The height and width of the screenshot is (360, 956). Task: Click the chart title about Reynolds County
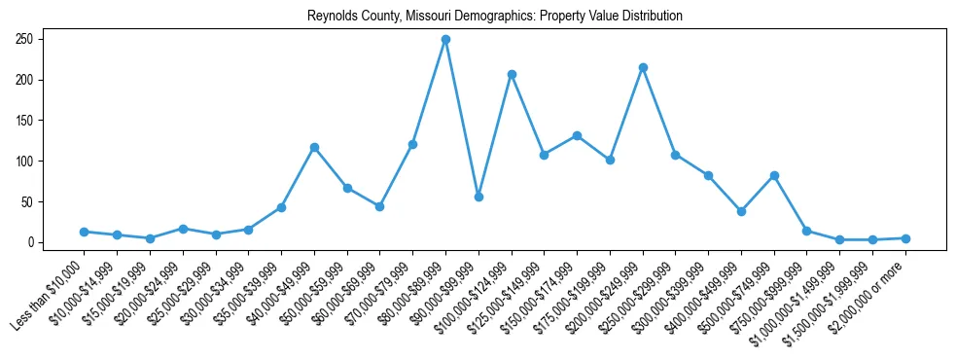pos(494,17)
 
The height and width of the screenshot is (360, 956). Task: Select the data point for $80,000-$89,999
pos(445,39)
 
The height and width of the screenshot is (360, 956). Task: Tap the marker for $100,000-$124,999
pos(511,74)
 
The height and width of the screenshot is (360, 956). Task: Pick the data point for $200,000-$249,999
pos(643,67)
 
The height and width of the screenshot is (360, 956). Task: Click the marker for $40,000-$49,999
pos(314,147)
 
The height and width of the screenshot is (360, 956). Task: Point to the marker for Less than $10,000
pos(84,232)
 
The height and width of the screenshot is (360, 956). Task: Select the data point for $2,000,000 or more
pos(905,238)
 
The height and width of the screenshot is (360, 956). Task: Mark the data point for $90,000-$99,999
pos(478,197)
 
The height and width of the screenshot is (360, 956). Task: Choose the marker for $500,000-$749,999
pos(774,175)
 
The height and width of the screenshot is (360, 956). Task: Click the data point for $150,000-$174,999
pos(577,135)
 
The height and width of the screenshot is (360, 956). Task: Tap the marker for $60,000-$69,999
pos(379,206)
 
